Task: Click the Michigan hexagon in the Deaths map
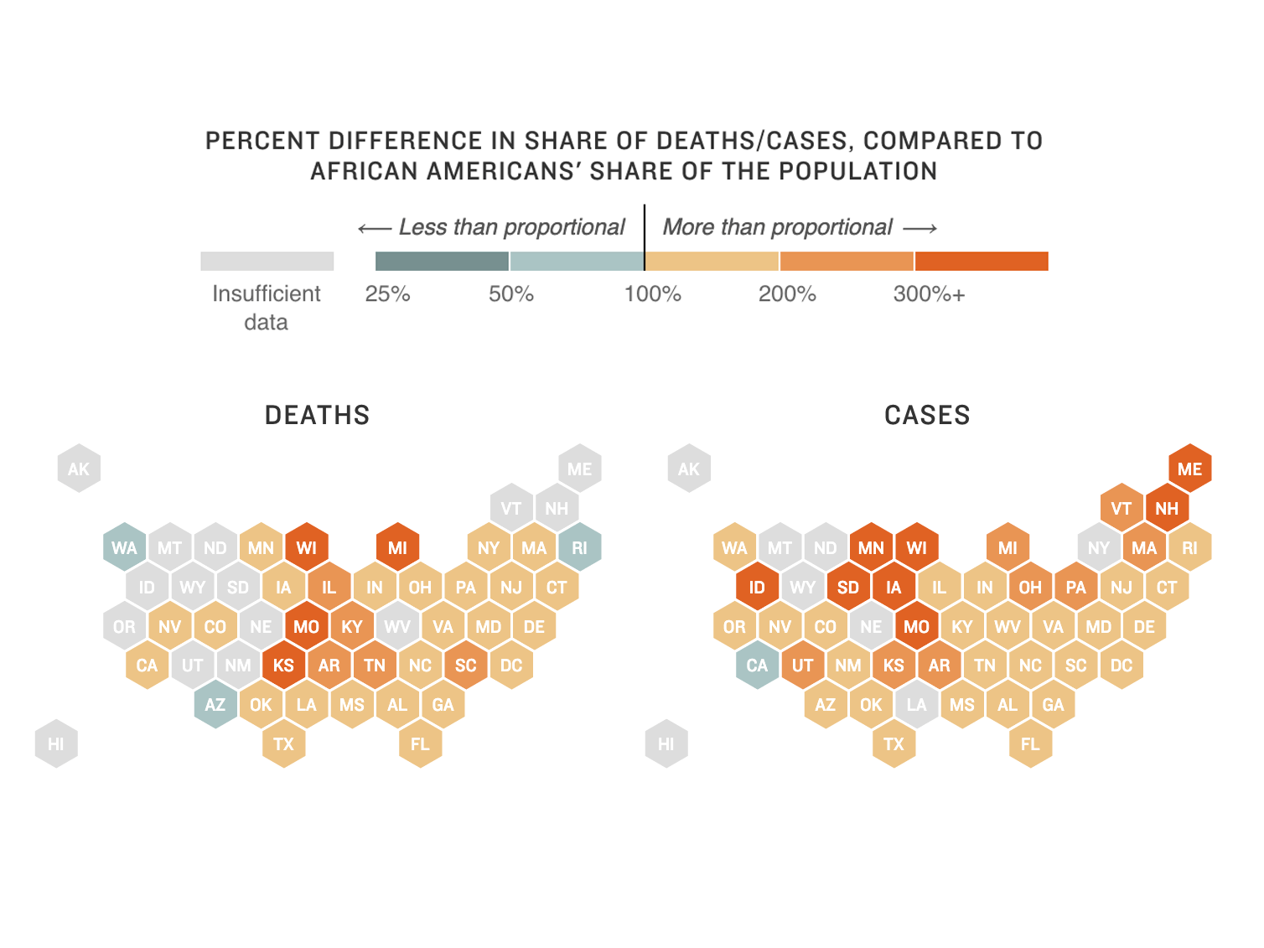click(397, 547)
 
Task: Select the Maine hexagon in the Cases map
click(1189, 469)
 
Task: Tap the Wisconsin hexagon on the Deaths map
click(307, 547)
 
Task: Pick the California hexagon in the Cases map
click(757, 666)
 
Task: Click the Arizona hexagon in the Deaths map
click(215, 705)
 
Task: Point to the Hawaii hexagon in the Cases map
click(666, 743)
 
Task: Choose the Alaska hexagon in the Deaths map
click(79, 469)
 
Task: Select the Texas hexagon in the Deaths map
click(284, 743)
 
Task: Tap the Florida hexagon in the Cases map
click(1030, 743)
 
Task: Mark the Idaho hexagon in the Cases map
click(757, 587)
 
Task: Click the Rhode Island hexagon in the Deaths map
click(579, 547)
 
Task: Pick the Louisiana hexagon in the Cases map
click(916, 705)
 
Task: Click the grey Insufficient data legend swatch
click(267, 262)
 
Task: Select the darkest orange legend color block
click(982, 262)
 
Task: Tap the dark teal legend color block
click(442, 262)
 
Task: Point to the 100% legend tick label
click(652, 294)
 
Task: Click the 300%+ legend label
click(929, 294)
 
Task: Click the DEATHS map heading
click(317, 415)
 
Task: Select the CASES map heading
click(927, 415)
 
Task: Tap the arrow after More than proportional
click(920, 228)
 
